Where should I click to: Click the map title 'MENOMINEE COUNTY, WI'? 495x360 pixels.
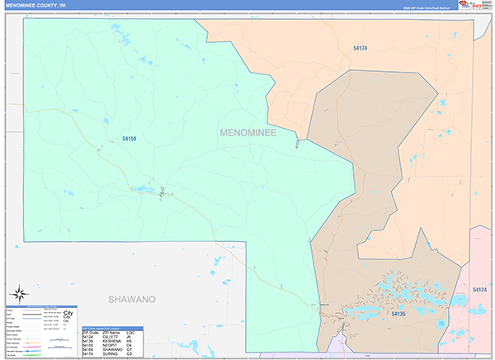36,5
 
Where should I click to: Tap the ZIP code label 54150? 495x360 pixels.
128,139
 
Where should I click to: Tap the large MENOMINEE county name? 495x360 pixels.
248,132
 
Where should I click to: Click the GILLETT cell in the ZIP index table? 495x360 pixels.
111,336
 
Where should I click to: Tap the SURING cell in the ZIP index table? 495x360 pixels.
110,354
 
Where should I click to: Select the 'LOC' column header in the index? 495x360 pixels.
130,332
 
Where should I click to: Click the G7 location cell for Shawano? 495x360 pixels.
130,349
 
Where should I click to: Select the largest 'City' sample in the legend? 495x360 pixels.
68,313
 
